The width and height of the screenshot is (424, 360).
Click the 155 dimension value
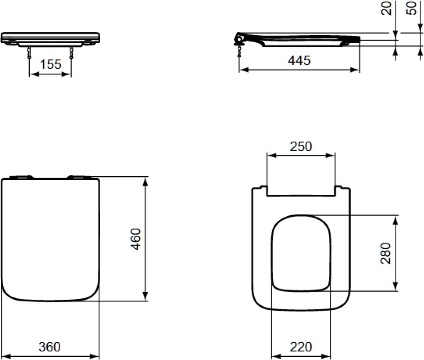click(51, 64)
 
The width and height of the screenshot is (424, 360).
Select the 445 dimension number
click(298, 60)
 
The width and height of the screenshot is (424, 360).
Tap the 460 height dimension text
click(135, 239)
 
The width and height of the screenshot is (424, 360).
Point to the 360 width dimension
click(50, 347)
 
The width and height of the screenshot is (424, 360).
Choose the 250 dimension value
click(301, 147)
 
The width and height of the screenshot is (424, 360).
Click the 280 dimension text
click(386, 253)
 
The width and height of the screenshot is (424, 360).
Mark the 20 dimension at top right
click(386, 8)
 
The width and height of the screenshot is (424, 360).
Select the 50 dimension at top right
click(412, 8)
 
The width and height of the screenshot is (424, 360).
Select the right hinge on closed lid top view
click(80, 177)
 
